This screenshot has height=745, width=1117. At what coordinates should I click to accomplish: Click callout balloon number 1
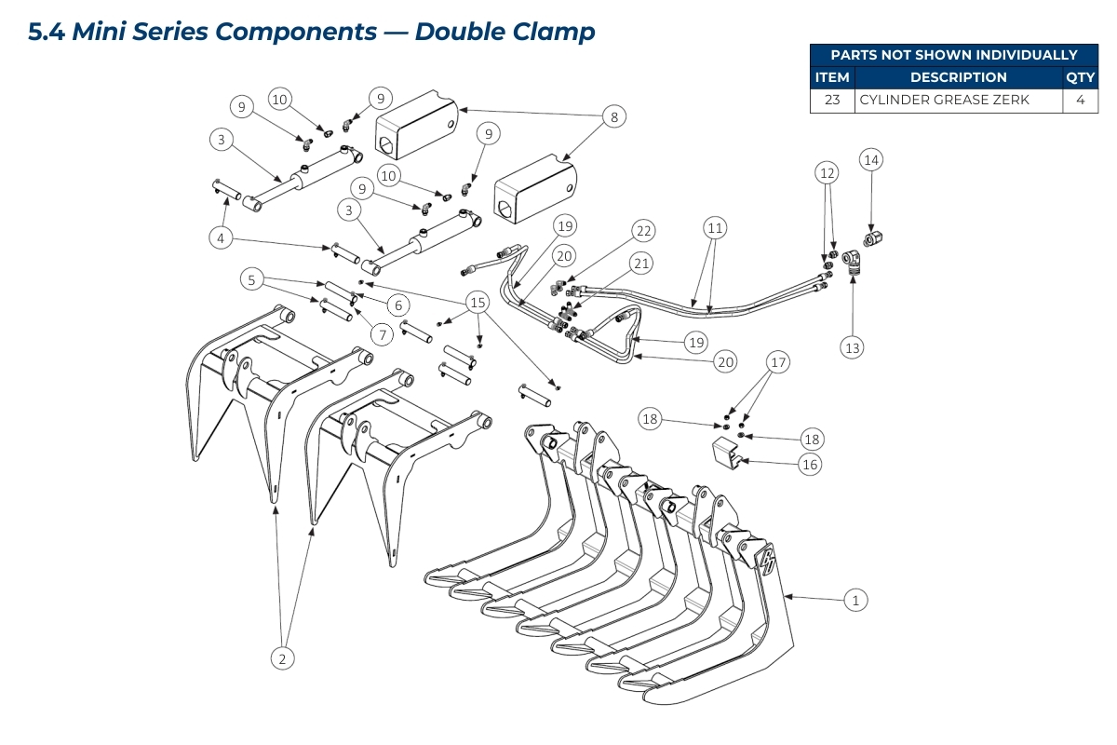[x=855, y=600]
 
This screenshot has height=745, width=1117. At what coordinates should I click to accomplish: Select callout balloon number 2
[x=282, y=658]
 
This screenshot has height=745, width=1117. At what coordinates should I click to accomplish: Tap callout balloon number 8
[x=613, y=117]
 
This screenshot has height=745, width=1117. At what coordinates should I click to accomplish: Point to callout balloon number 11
[x=715, y=227]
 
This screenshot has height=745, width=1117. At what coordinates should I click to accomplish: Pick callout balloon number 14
[x=870, y=160]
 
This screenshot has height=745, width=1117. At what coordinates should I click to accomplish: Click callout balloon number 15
[x=478, y=303]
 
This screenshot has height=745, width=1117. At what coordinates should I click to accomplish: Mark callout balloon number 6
[x=397, y=305]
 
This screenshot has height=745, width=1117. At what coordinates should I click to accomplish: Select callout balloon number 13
[x=852, y=347]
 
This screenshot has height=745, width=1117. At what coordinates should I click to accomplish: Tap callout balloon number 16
[x=811, y=464]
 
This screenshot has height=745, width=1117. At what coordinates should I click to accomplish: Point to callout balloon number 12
[x=828, y=172]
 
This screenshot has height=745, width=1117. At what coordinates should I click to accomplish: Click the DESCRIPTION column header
[x=958, y=77]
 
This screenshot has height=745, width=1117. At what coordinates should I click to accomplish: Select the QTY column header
[x=1080, y=77]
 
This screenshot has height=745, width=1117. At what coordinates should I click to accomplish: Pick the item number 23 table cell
[x=831, y=100]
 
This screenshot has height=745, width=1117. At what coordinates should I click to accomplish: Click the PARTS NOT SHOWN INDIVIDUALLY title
[x=953, y=55]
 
